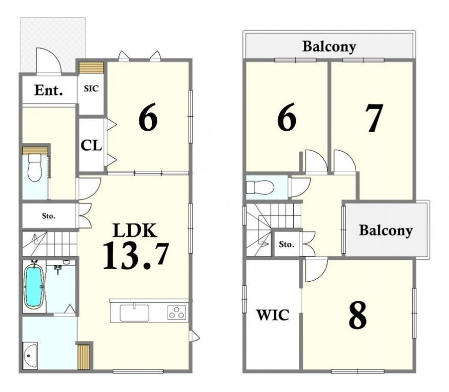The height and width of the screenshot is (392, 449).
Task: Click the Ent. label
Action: [x=48, y=90]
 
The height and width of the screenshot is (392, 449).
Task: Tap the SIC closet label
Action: [x=91, y=89]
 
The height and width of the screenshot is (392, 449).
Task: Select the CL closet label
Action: [x=91, y=145]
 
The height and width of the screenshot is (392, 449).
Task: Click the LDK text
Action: [x=135, y=230]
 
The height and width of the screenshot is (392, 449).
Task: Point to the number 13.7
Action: [x=136, y=256]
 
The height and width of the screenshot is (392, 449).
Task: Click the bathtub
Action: [x=34, y=286]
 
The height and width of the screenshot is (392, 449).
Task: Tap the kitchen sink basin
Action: [x=134, y=313]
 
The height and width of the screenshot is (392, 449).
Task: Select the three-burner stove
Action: [x=177, y=312]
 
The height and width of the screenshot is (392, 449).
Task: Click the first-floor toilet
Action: [x=35, y=167]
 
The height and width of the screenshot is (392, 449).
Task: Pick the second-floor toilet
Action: [x=260, y=188]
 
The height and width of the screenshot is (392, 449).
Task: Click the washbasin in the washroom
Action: [x=30, y=356]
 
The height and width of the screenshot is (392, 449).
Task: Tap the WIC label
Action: [x=273, y=315]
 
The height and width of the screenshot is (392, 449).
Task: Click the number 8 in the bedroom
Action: [x=358, y=315]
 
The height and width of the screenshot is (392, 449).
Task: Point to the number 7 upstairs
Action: [x=374, y=118]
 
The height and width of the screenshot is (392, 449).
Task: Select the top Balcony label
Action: [x=329, y=47]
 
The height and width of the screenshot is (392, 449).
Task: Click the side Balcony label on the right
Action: [x=386, y=231]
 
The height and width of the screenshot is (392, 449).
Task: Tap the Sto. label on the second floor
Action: [x=287, y=244]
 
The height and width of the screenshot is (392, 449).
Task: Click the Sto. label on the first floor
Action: [x=49, y=216]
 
